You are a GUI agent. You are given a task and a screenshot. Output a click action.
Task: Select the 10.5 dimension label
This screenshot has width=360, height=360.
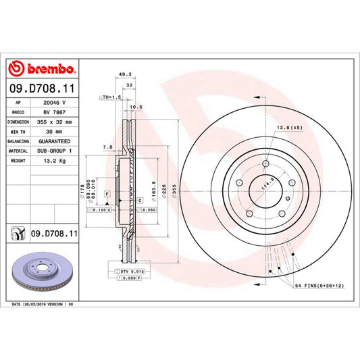[135, 107]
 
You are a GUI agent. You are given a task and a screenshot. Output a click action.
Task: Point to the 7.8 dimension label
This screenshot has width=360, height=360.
[108, 147]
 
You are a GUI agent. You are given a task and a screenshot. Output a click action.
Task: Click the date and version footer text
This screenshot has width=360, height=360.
[42, 305]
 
